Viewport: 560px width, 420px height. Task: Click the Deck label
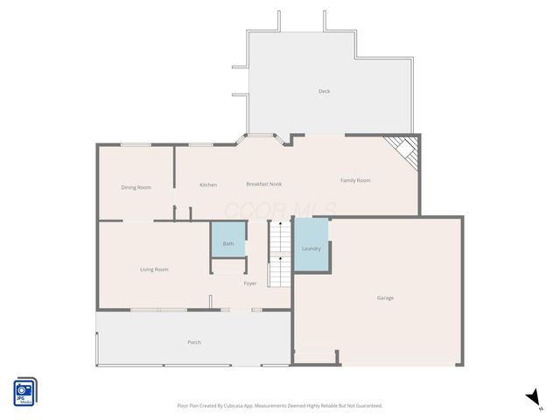tap(324, 91)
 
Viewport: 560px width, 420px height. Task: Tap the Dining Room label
tap(136, 187)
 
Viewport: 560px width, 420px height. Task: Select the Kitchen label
tap(207, 185)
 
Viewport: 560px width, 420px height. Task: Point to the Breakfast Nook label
tap(263, 185)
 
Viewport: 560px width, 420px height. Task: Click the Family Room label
tap(355, 180)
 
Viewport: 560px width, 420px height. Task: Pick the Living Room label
tap(154, 269)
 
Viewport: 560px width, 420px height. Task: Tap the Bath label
tap(228, 244)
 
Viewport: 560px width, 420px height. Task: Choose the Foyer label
tap(250, 283)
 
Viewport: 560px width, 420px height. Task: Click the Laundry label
tap(311, 248)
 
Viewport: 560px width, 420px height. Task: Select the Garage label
tap(385, 297)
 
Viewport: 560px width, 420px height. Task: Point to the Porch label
tap(194, 342)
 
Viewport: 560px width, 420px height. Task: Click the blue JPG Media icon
tap(24, 391)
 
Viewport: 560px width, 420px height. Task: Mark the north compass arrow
tap(533, 398)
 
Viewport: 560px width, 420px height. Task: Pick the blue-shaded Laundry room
tap(311, 236)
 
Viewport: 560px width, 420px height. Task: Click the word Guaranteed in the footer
tap(367, 406)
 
